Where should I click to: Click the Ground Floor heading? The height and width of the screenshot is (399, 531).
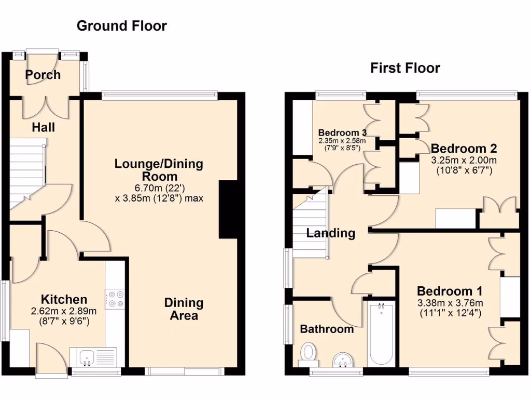point(122,26)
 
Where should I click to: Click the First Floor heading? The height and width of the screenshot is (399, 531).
point(405,68)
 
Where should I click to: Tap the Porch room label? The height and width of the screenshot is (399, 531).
point(43,75)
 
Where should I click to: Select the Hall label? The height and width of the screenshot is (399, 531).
point(43,127)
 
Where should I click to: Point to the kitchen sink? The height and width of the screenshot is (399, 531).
point(87,357)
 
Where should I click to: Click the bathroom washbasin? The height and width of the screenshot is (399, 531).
point(342,358)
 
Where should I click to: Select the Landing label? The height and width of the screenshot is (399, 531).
point(330,233)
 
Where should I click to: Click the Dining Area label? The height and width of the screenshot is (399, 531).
point(184,309)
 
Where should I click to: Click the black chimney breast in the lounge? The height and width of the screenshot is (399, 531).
point(228,209)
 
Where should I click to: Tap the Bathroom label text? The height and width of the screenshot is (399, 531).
point(327,329)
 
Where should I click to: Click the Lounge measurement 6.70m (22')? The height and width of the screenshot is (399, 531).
point(159,188)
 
